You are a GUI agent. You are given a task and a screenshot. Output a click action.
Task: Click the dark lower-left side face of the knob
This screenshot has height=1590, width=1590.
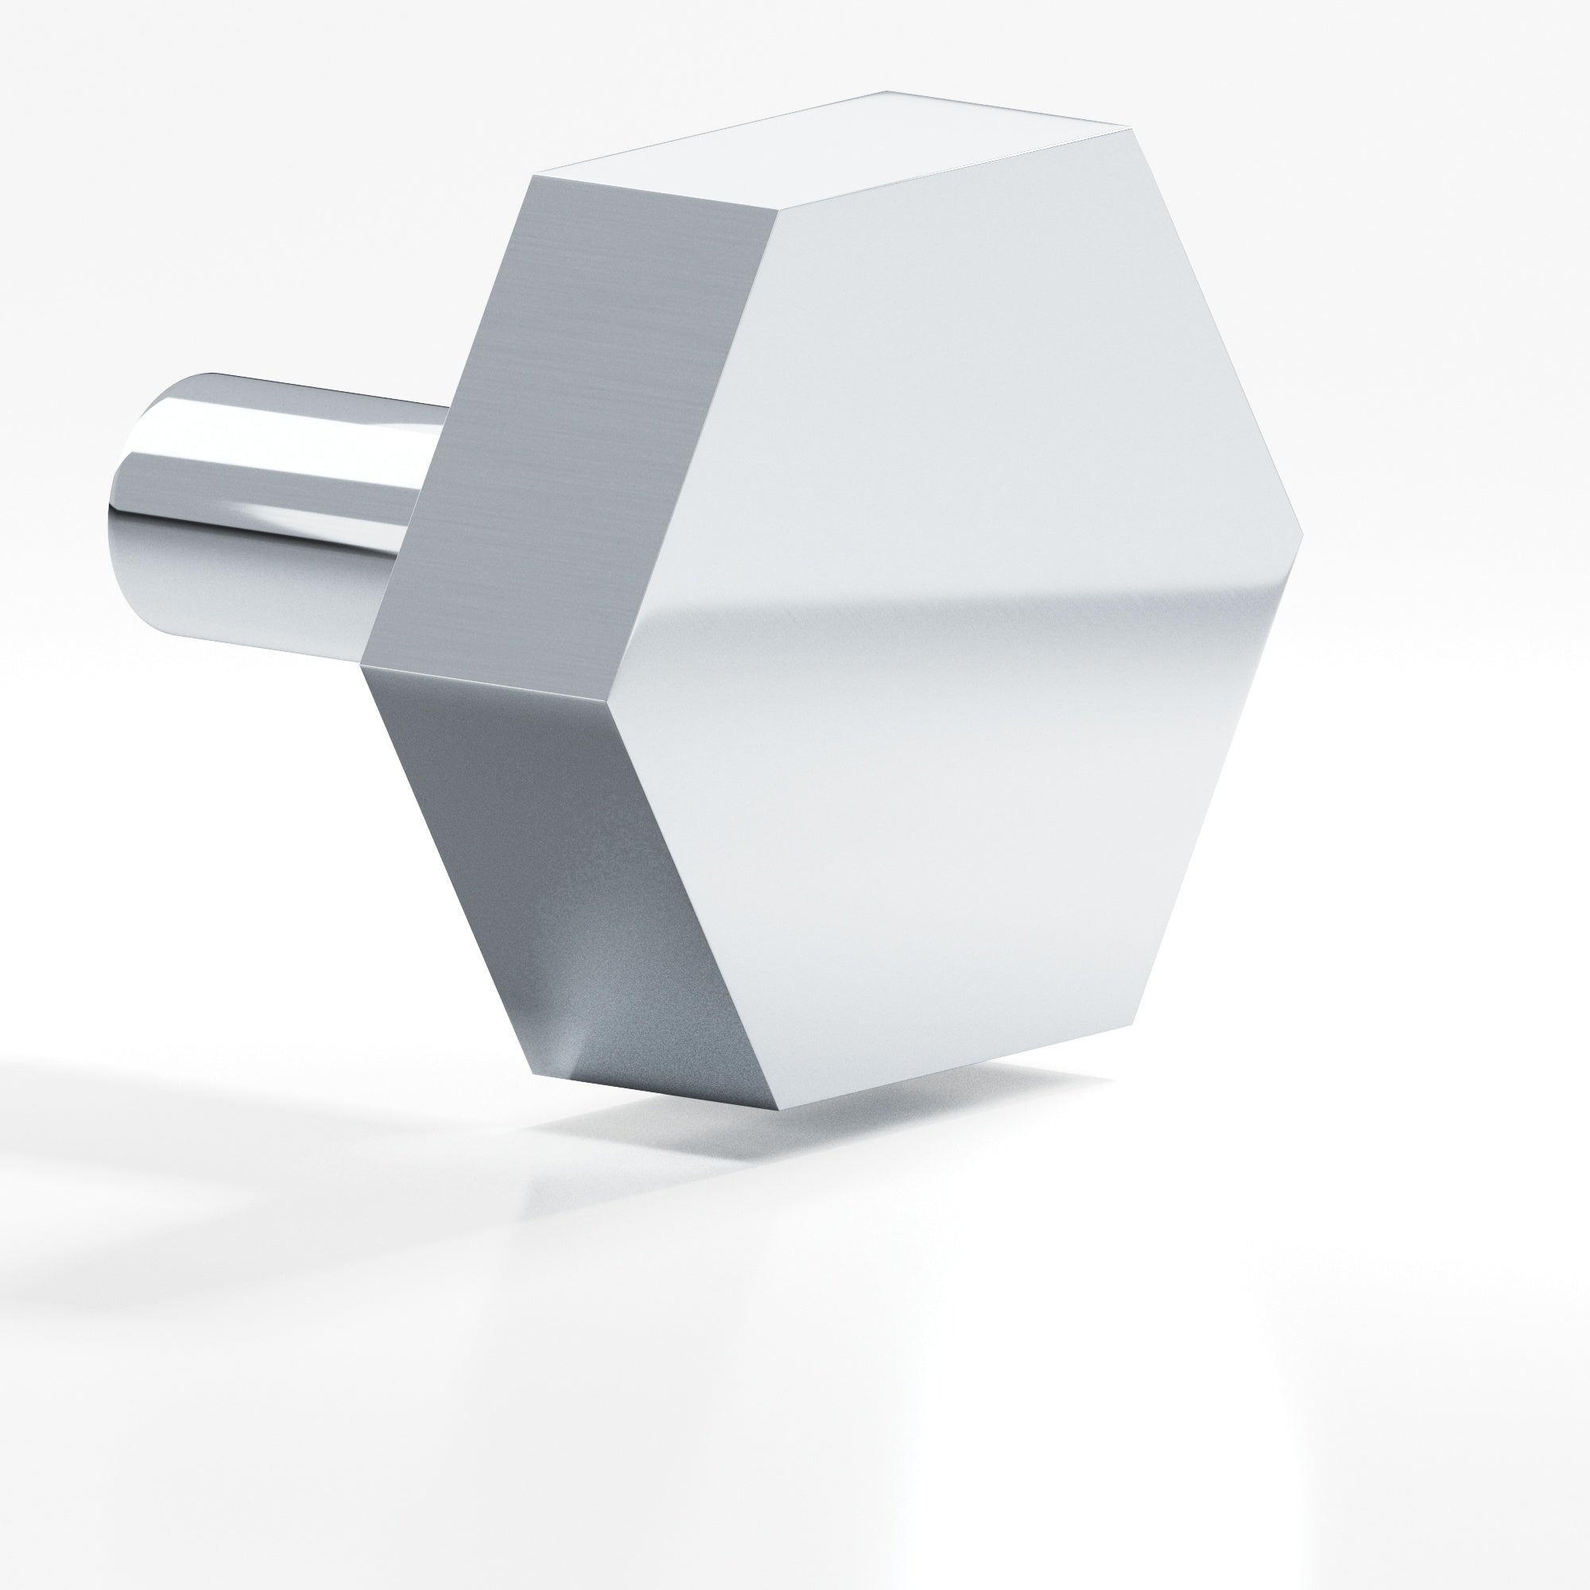(568, 889)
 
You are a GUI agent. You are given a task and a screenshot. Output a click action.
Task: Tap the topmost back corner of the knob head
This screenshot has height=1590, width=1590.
(885, 91)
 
